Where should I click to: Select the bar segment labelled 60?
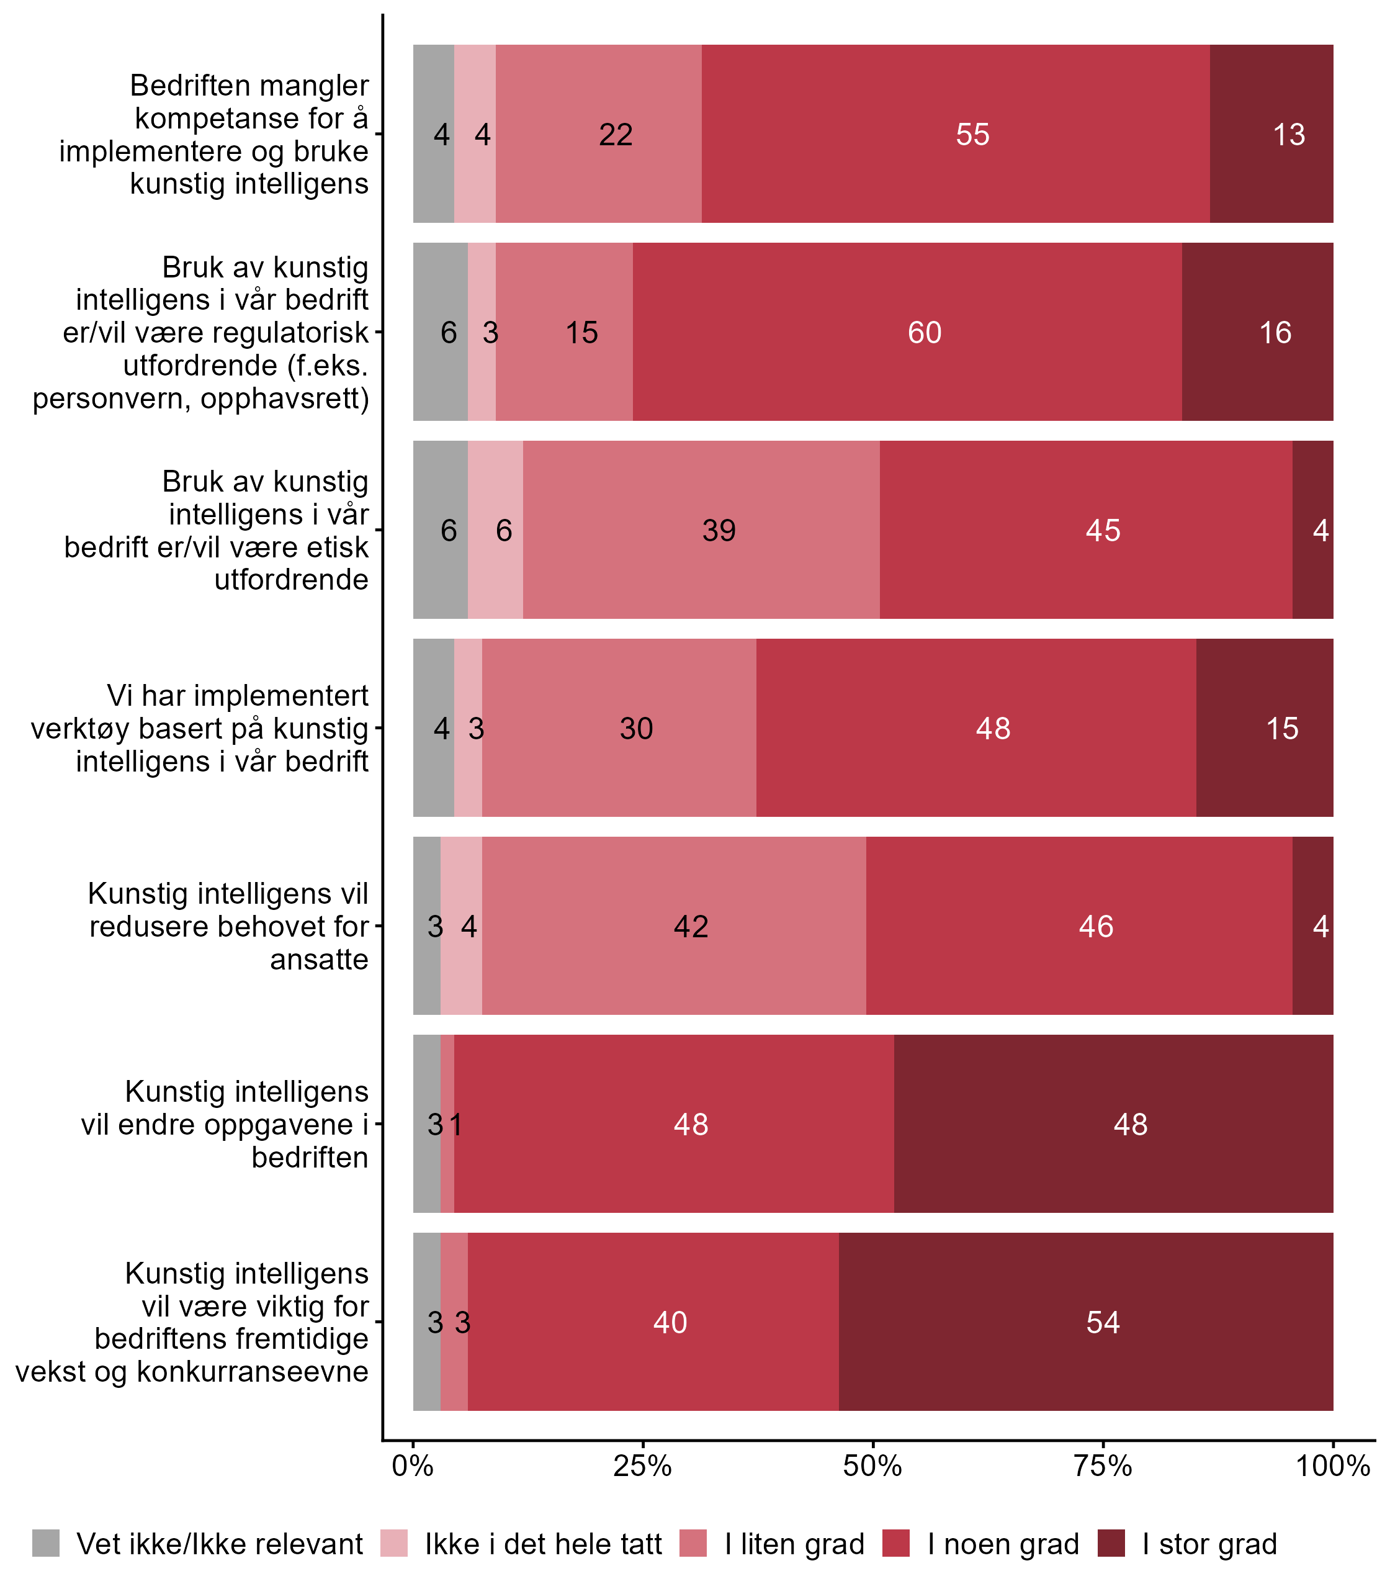click(x=924, y=333)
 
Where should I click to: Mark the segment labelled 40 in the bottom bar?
click(x=670, y=1322)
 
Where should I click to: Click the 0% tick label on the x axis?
click(x=413, y=1466)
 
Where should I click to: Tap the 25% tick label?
click(x=642, y=1466)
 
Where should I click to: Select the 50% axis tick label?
click(x=872, y=1466)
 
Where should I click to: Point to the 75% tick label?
click(x=1102, y=1466)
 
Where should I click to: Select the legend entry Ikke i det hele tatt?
click(x=543, y=1544)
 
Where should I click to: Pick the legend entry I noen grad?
click(x=1003, y=1544)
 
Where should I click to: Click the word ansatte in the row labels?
click(x=319, y=960)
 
